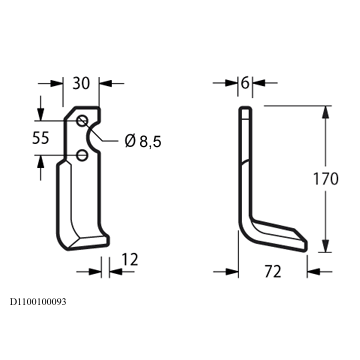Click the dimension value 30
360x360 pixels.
click(81, 83)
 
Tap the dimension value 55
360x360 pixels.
click(41, 138)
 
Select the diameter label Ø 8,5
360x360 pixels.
click(143, 142)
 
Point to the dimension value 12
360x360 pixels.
click(129, 260)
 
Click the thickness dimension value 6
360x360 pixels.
click(245, 83)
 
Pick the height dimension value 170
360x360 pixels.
click(325, 179)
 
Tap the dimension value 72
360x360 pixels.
click(273, 272)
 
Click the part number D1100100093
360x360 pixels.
click(38, 302)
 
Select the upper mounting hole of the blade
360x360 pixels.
click(82, 121)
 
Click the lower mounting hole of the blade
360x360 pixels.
click(82, 155)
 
